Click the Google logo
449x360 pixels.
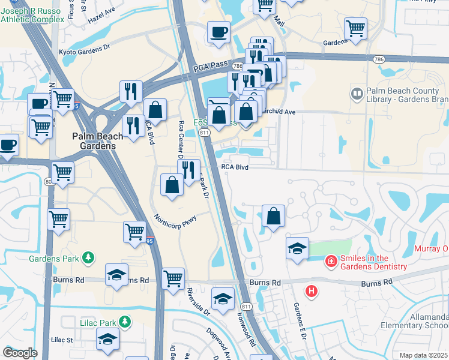pos(20,353)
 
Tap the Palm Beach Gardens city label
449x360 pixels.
pos(97,140)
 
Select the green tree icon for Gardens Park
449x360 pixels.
pos(89,257)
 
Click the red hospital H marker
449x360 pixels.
pos(311,292)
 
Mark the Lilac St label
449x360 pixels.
pos(61,340)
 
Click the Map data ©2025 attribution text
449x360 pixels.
pos(423,355)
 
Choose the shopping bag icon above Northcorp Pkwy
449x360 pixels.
pos(172,185)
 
